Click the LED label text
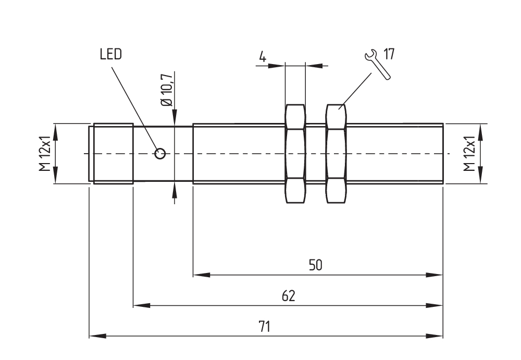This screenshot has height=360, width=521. [x=110, y=54]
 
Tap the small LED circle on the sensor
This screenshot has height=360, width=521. [x=160, y=153]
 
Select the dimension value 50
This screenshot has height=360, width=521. [x=316, y=265]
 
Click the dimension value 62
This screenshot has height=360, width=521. [x=289, y=296]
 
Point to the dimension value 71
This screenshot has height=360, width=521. [x=266, y=327]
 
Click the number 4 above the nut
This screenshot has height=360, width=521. [x=263, y=57]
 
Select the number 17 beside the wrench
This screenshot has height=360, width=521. [x=389, y=54]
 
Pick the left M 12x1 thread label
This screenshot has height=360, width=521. [x=46, y=153]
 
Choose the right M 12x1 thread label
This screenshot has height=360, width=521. [x=469, y=153]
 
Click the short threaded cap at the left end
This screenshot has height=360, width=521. [x=113, y=153]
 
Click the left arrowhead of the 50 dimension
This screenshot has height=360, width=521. [x=201, y=274]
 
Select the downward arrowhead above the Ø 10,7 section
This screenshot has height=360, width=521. [x=174, y=117]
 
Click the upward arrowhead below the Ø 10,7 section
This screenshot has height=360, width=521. [x=174, y=190]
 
